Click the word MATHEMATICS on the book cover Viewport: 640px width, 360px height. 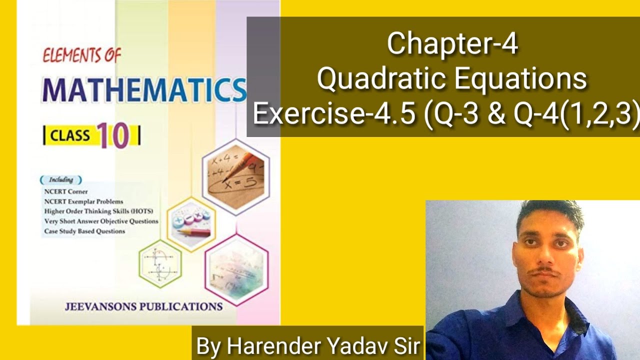click(144, 90)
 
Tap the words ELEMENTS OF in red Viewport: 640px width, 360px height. click(81, 55)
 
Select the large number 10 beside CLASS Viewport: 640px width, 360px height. click(113, 135)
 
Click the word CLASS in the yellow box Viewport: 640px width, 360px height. click(70, 136)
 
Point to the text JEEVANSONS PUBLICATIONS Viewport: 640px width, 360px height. click(143, 306)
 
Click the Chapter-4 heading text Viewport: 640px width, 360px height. click(452, 44)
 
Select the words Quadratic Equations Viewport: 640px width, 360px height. click(452, 79)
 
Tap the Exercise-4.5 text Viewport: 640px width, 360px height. click(333, 114)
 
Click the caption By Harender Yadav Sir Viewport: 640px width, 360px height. click(307, 346)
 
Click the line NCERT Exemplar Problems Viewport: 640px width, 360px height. click(83, 201)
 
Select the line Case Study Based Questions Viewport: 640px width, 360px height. click(84, 231)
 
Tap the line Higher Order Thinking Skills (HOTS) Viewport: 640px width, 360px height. click(98, 211)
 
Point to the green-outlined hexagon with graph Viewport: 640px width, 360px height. click(160, 263)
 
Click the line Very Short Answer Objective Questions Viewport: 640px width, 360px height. click(101, 221)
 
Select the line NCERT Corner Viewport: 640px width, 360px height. click(66, 191)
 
